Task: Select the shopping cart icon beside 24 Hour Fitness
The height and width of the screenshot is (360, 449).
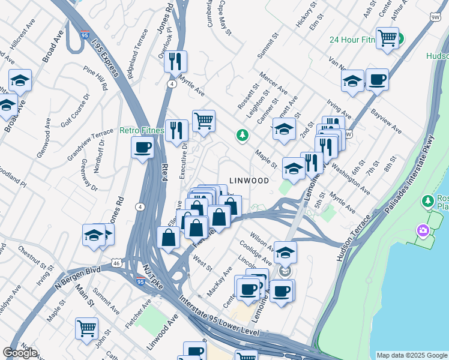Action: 388,39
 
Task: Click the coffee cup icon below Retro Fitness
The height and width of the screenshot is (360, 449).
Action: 143,148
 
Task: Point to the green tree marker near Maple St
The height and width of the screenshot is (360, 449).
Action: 242,136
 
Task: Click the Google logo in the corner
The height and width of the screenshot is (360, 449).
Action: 20,353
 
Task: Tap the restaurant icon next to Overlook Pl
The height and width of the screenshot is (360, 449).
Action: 175,62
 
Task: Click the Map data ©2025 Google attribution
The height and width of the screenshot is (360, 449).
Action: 411,355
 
